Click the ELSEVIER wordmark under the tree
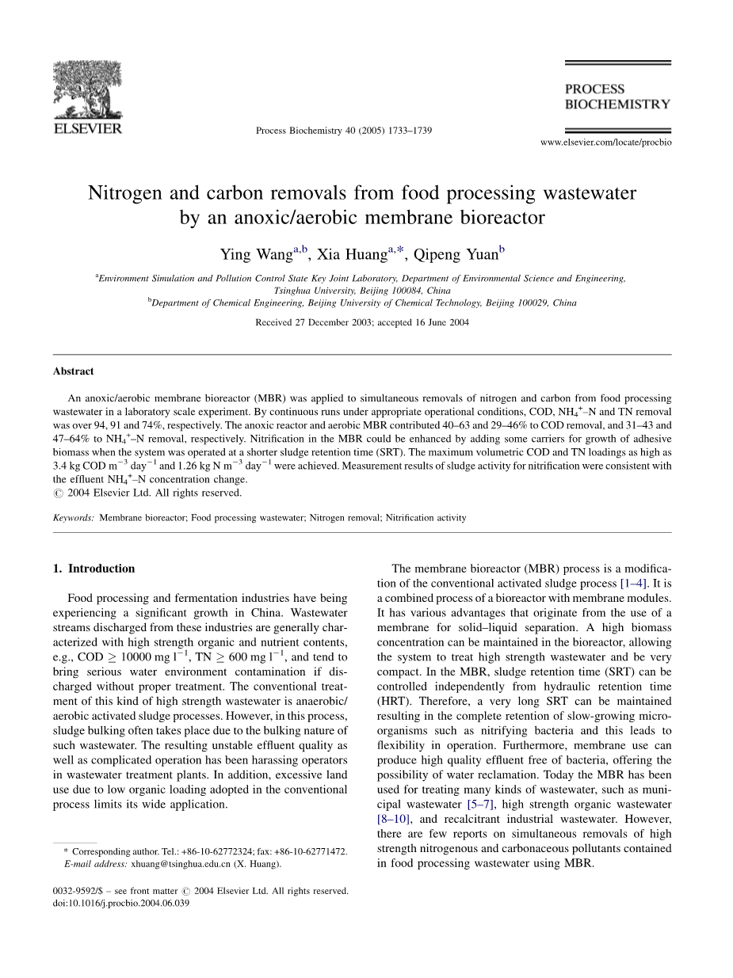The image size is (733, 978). coord(87,127)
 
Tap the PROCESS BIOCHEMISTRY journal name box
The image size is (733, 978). coord(617,96)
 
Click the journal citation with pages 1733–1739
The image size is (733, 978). coord(344,131)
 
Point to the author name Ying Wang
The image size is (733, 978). coord(256,255)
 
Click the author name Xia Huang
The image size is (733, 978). coord(352,255)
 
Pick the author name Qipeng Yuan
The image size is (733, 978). coord(455,255)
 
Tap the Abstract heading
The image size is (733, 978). coord(73,371)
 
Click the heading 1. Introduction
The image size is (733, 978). coord(94,569)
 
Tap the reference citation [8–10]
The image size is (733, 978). coord(394,819)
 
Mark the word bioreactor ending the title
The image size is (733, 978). coord(502,217)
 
